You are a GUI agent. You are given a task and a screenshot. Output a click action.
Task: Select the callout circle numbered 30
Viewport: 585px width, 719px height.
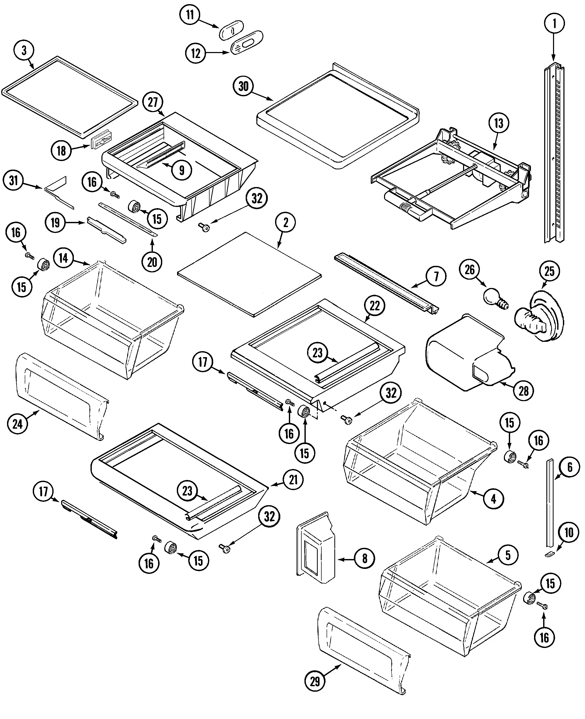[x=243, y=86]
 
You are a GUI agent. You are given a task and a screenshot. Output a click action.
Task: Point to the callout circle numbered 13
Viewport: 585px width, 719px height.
[x=498, y=123]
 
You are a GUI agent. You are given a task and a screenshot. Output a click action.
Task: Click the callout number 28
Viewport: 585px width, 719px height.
[x=523, y=391]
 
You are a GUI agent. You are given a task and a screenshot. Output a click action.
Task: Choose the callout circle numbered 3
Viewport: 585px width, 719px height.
[x=24, y=50]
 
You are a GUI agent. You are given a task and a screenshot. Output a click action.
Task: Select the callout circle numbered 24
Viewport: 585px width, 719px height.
[x=17, y=424]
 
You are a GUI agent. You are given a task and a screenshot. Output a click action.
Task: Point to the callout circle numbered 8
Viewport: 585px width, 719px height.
[x=365, y=558]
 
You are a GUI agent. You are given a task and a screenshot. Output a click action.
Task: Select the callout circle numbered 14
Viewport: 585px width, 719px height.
[x=63, y=258]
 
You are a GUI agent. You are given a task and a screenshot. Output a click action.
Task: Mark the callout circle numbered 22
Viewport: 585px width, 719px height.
[x=374, y=306]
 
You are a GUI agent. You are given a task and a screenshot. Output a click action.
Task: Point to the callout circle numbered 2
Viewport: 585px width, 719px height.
[x=286, y=222]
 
